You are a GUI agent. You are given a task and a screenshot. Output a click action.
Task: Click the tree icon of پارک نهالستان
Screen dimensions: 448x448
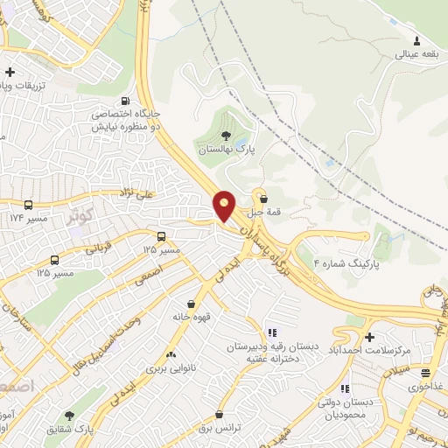tap(227, 136)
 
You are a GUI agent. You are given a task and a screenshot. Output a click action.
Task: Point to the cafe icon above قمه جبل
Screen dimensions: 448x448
tap(263, 199)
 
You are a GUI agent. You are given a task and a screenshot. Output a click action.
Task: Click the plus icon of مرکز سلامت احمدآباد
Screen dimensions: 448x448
tap(369, 337)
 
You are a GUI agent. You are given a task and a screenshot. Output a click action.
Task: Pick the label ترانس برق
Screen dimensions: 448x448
tap(218, 429)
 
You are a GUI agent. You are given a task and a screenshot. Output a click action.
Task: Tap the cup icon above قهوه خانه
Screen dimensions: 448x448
tap(191, 303)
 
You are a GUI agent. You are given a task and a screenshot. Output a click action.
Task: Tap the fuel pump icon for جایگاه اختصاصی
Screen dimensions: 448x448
tap(128, 100)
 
